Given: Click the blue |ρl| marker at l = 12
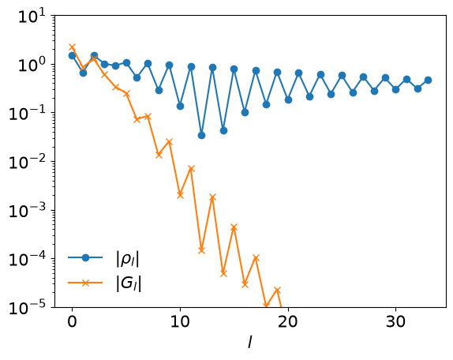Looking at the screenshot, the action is coord(202,135).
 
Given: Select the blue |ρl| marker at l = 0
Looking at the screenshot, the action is coord(73,55).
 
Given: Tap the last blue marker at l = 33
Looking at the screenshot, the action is coord(429,80).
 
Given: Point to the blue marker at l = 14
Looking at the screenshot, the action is coord(223,130).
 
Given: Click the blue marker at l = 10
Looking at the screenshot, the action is coord(180,106).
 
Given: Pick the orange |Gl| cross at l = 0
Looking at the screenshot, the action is coord(73,47).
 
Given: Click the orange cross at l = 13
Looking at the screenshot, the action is coord(212,197).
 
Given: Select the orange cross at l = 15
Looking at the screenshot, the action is coord(234,227).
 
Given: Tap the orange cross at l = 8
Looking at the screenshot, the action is coord(159,155).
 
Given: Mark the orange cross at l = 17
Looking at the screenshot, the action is coord(256,257).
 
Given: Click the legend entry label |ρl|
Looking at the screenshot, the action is coord(127,259).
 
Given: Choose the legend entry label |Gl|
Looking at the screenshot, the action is coord(129,283).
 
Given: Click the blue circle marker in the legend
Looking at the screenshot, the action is coord(85,257).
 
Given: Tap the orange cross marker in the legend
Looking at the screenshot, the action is coord(85,283).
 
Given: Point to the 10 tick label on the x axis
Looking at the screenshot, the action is coord(180,321).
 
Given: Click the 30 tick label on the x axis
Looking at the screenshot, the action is coord(396,321).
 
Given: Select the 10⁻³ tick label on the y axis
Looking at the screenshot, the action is coord(28,210).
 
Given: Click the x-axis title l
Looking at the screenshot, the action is coord(250,343).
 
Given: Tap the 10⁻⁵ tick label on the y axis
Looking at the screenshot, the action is coord(28,307).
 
